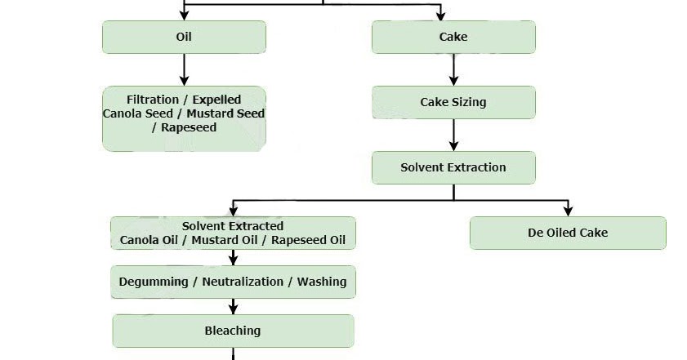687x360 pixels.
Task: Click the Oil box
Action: (x=184, y=37)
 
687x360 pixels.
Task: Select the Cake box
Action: (x=453, y=37)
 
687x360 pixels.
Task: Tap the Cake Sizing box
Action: (x=453, y=102)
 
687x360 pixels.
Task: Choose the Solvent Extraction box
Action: (x=453, y=167)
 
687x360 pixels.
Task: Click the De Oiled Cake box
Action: (x=568, y=233)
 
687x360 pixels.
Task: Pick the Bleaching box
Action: (x=233, y=331)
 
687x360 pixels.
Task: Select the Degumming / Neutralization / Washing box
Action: (x=233, y=282)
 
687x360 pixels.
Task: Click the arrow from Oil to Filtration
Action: (x=184, y=69)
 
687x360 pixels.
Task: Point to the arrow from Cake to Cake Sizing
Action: (x=453, y=69)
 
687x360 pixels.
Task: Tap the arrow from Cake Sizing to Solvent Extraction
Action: (x=453, y=135)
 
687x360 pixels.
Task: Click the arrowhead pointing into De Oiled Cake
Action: (x=568, y=211)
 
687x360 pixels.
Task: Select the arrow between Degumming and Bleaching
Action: (x=234, y=306)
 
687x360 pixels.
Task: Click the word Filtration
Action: (x=153, y=100)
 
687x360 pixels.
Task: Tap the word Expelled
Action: (x=216, y=100)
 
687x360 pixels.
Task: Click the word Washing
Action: (x=322, y=282)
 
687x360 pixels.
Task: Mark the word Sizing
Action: (x=469, y=102)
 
